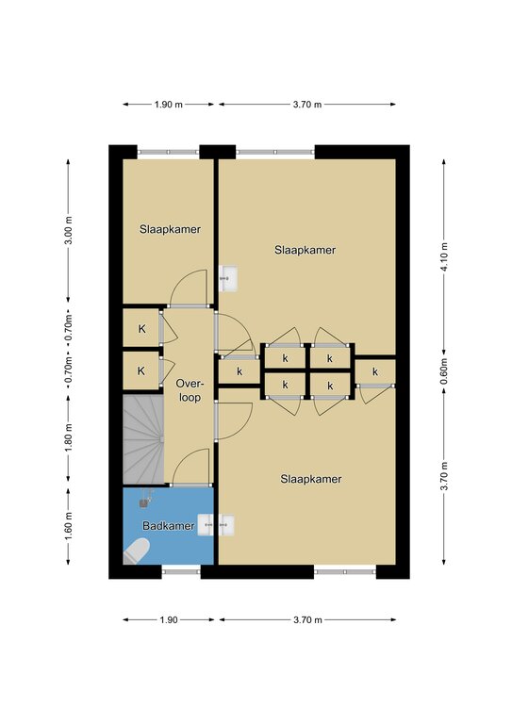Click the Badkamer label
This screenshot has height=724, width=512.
[x=169, y=525]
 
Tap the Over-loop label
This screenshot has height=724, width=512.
[x=190, y=390]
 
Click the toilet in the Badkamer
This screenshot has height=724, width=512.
[x=137, y=552]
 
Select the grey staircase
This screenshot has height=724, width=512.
[x=143, y=439]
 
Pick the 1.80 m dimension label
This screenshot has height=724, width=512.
[x=68, y=437]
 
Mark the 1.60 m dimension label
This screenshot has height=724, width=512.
[x=68, y=526]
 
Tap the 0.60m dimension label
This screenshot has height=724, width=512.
[x=444, y=371]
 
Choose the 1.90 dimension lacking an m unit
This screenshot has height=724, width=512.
[x=169, y=619]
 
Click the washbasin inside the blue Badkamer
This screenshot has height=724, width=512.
[x=206, y=525]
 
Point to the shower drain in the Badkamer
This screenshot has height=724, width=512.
[x=144, y=502]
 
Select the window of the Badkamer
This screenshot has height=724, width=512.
[x=181, y=571]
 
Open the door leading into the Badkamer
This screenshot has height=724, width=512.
[x=191, y=485]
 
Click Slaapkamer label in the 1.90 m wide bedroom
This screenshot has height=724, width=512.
[x=170, y=229]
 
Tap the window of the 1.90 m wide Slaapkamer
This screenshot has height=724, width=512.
[x=169, y=152]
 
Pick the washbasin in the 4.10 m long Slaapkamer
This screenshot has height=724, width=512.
[x=228, y=278]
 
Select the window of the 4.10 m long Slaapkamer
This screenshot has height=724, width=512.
[x=275, y=152]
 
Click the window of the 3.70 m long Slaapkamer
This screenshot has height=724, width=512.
[x=345, y=571]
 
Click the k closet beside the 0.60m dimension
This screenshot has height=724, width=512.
[x=375, y=371]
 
